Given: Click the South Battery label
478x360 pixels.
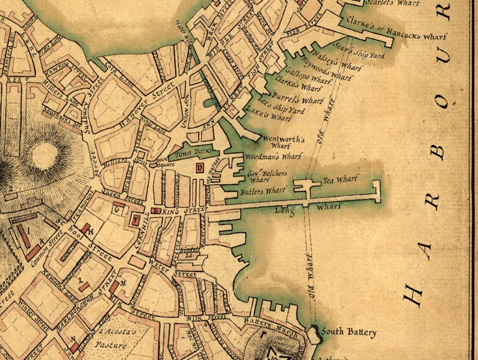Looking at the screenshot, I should [x=349, y=332].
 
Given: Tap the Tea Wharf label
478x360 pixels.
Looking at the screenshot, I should [x=341, y=179].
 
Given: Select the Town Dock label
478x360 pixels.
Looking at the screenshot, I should [x=186, y=154].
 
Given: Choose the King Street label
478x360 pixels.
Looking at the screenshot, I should [x=184, y=211].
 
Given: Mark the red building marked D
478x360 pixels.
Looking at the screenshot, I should [x=200, y=168].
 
